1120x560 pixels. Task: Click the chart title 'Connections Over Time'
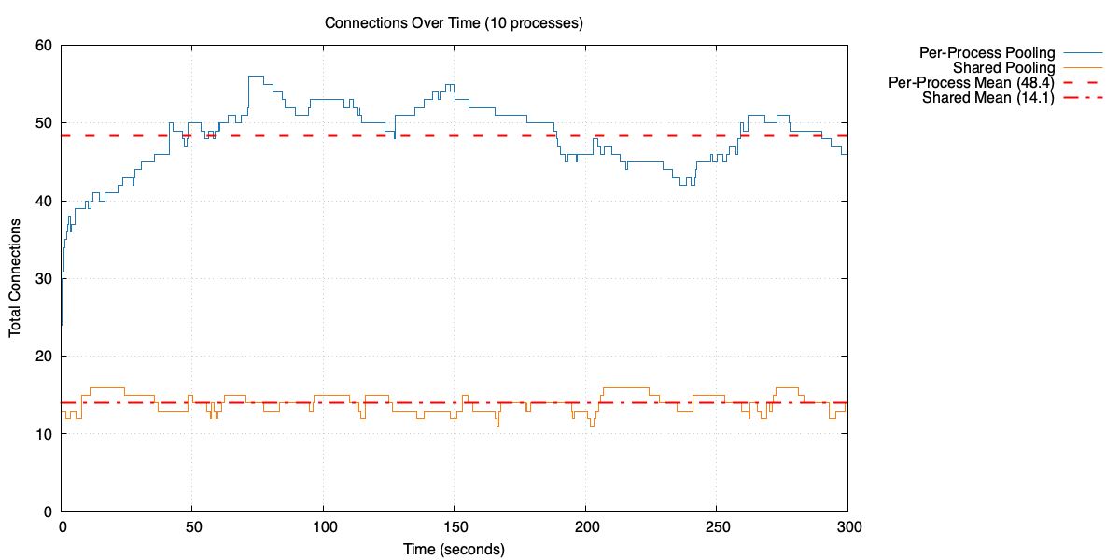pos(454,23)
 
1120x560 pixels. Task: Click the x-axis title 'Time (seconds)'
pos(454,549)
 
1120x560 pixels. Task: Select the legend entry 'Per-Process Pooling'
pos(987,52)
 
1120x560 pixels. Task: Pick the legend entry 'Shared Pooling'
pos(1003,67)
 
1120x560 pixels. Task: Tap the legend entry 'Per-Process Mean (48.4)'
pos(972,82)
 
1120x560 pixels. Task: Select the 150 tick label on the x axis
pos(455,527)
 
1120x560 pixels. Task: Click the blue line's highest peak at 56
pos(256,77)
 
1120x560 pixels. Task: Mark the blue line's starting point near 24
pos(62,325)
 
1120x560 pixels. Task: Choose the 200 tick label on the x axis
pos(585,527)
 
